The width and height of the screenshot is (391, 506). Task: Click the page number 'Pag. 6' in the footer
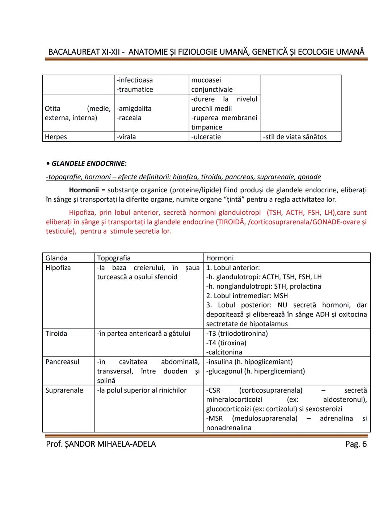coord(356,444)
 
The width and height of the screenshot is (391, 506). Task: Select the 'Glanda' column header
coord(56,258)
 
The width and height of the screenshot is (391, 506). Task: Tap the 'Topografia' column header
coord(114,258)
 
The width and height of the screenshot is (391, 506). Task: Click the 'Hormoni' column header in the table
coord(220,258)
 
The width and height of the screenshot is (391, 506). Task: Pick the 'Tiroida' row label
coord(56,334)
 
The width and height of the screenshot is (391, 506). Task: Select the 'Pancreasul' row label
coord(62,362)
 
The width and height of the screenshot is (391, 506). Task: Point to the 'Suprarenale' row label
coord(64,390)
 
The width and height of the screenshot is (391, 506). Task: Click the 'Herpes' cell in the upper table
coord(56,137)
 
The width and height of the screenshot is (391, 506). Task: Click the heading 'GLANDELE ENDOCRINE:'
coord(89,164)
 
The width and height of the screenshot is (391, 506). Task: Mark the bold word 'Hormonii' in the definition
coord(84,190)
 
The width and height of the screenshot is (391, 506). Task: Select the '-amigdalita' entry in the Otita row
coord(134,109)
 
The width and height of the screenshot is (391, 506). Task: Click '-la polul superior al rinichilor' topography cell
coord(142,390)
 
